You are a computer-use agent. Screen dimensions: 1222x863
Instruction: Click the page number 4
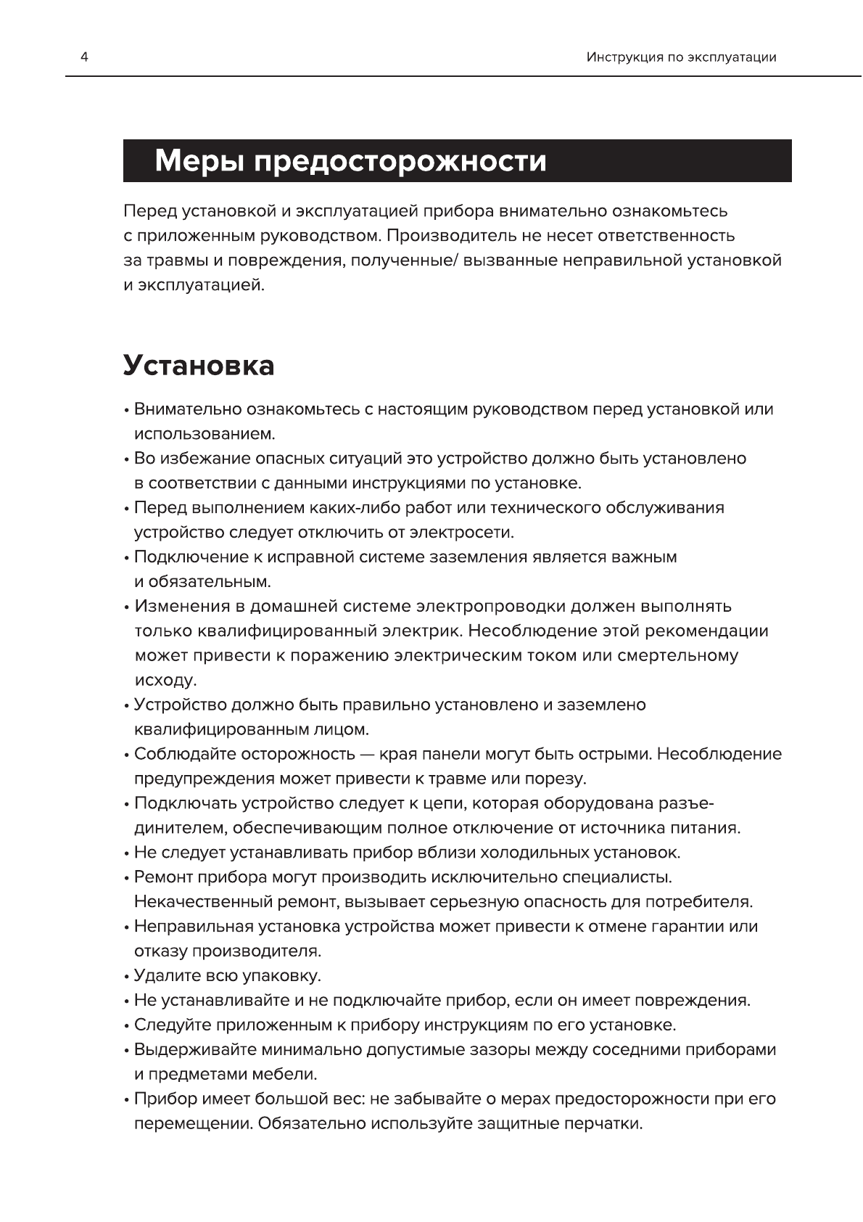(x=84, y=57)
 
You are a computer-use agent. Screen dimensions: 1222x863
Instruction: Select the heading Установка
(x=199, y=365)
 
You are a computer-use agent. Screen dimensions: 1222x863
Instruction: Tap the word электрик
(x=417, y=631)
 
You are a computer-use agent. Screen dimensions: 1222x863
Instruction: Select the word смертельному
(x=677, y=656)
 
